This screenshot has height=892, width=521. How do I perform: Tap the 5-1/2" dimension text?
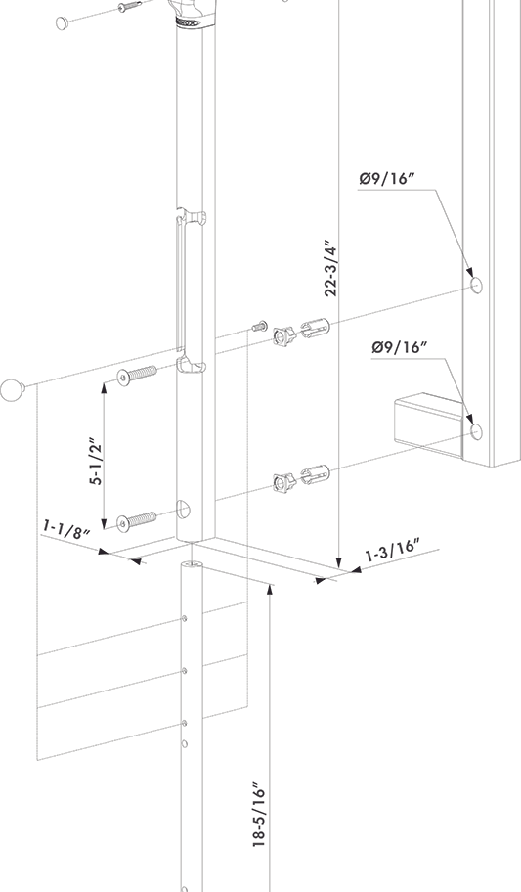pos(96,461)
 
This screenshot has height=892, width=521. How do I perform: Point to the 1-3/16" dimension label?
pos(391,551)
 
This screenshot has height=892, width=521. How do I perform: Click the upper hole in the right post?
pos(476,285)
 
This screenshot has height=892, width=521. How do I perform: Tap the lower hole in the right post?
pos(476,430)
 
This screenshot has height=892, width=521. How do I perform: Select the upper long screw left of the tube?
pos(137,376)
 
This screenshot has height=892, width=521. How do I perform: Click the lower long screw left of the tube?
pos(137,519)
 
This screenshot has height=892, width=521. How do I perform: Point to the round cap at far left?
pos(12,390)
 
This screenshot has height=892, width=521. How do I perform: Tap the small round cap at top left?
pos(63,21)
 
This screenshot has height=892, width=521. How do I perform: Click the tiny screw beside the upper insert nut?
pos(259,326)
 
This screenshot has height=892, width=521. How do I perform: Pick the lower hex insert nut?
pos(283,481)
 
